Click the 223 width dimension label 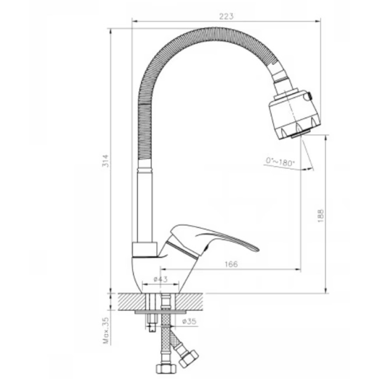point(226,16)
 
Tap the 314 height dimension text point(106,161)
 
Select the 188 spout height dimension point(321,216)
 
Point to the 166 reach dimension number point(231,264)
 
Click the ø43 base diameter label point(161,279)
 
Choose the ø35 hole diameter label point(189,321)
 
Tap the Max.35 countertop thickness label point(106,330)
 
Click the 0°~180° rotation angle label point(280,162)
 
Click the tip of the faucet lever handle point(259,250)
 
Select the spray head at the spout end point(294,115)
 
